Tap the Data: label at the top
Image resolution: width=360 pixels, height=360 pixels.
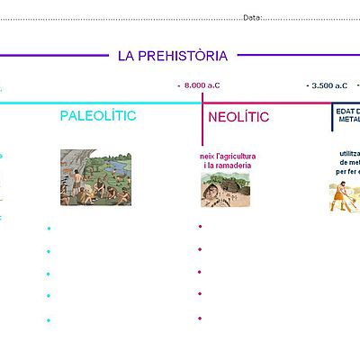click(x=252, y=16)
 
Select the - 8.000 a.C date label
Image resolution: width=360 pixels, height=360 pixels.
click(x=199, y=85)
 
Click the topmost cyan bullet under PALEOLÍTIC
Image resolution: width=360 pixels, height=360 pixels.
click(x=49, y=229)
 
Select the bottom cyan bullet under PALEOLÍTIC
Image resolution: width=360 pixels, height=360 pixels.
click(x=49, y=319)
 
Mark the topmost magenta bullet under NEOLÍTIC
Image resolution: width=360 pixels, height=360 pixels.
click(x=200, y=226)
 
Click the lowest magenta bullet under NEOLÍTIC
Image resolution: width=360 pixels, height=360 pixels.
click(x=200, y=318)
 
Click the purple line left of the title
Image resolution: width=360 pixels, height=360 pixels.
click(x=54, y=55)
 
